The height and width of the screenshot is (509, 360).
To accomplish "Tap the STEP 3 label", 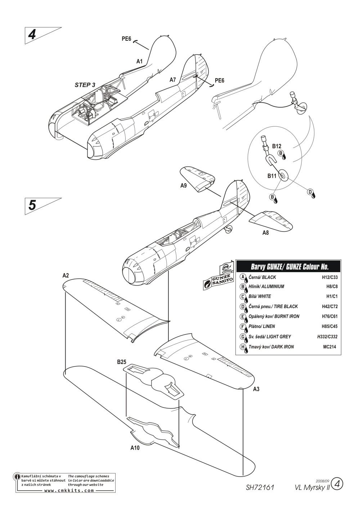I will coord(85,85).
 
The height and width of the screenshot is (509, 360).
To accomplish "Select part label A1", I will coord(139,62).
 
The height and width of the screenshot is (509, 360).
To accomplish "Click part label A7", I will coord(173,80).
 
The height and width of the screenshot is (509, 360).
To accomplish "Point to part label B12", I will coord(276,146).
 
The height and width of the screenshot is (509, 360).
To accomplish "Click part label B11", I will coord(271,176).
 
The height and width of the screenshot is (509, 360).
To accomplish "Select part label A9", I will coord(184,186).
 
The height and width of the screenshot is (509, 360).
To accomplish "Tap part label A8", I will coord(265,233).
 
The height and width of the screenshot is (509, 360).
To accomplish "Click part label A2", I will coord(66,275).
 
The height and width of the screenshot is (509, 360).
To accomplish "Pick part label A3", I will coord(256,389).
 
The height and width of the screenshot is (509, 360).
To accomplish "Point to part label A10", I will coord(135,449).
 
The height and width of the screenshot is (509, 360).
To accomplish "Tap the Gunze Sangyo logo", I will coord(217,280).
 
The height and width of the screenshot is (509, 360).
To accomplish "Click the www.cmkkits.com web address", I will coord(69,491).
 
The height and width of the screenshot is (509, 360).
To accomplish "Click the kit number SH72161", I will coord(260,487).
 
